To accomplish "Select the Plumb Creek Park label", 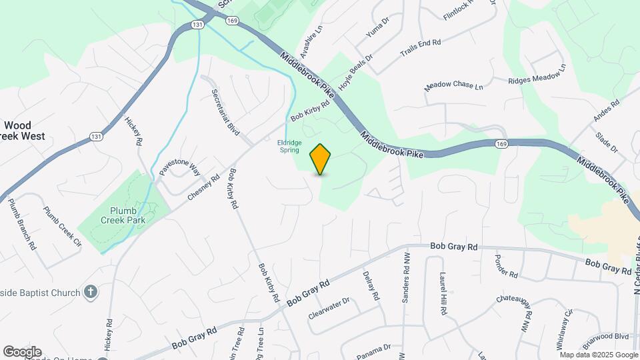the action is point(123,214).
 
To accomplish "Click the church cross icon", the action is point(91,291).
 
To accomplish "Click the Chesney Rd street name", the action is point(204,187).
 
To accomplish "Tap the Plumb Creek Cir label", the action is point(62,227).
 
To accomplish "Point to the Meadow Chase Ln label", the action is point(453,86).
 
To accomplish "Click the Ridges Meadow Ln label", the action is point(536,74).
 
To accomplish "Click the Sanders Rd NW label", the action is point(405,277).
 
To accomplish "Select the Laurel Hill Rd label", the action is point(442,294).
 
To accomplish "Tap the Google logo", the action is point(22,352).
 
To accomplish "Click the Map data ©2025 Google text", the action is point(599,355).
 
